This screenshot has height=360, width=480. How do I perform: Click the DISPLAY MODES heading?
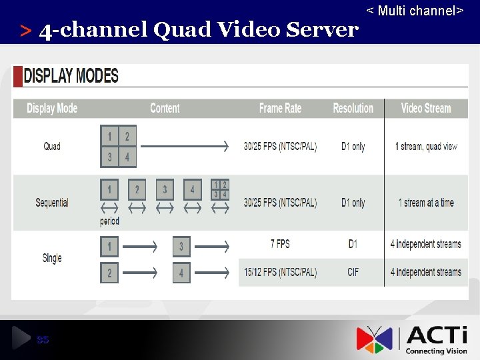[71, 75]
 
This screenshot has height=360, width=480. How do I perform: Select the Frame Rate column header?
[280, 108]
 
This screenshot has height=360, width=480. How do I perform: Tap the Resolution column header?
[353, 108]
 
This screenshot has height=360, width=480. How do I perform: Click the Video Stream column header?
[426, 108]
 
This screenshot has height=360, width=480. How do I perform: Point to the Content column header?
[165, 108]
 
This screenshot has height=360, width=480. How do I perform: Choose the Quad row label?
[52, 146]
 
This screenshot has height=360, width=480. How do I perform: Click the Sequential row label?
[52, 202]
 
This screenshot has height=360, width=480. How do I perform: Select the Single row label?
[52, 258]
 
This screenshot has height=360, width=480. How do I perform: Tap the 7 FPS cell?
[280, 244]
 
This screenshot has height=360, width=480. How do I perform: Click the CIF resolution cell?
[353, 272]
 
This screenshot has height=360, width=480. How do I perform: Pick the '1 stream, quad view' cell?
[426, 146]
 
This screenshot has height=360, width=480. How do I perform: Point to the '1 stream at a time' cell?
[426, 202]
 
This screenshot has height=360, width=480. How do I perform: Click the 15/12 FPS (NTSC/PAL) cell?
[280, 272]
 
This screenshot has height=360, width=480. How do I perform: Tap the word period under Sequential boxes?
[109, 221]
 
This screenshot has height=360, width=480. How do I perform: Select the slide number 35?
[43, 340]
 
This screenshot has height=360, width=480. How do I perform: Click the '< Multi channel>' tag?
[415, 11]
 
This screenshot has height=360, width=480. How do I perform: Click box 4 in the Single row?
[181, 273]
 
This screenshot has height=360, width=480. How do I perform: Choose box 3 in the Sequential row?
[165, 189]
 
